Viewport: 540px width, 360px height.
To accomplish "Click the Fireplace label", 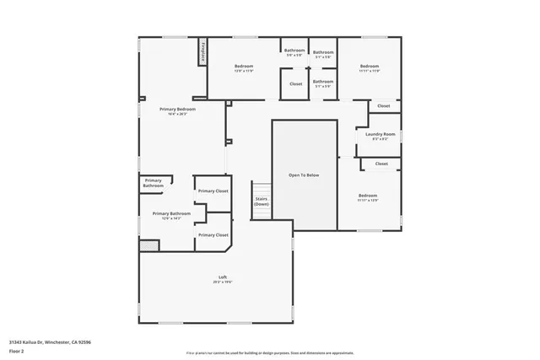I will click(202, 51).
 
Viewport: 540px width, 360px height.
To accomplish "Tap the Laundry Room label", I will click(381, 135).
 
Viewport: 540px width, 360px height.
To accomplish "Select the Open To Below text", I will click(304, 175).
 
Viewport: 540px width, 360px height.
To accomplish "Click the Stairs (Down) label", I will click(262, 201).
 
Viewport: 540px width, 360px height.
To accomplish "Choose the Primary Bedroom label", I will click(178, 110).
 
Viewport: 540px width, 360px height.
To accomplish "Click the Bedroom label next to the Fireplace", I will click(243, 67).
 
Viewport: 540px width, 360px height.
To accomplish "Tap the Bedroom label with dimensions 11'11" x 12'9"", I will click(367, 197).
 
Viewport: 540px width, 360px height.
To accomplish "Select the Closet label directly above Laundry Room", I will click(383, 106).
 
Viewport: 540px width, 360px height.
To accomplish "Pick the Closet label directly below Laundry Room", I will click(381, 164).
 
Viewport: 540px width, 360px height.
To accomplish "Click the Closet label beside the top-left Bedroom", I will click(295, 84).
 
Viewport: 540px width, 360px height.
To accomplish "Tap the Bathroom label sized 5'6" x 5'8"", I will click(294, 52).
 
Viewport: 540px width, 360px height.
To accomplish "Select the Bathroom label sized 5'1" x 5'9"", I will click(323, 83).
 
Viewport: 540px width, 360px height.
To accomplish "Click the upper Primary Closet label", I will click(213, 191).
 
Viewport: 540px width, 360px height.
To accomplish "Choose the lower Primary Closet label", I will click(213, 235).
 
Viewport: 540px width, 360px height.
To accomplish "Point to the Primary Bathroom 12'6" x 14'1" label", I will click(171, 216).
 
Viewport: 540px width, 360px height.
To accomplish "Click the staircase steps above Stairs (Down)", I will click(262, 188).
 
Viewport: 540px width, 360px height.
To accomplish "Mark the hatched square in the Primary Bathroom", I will click(148, 245).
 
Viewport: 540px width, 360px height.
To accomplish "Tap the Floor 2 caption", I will click(17, 351).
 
